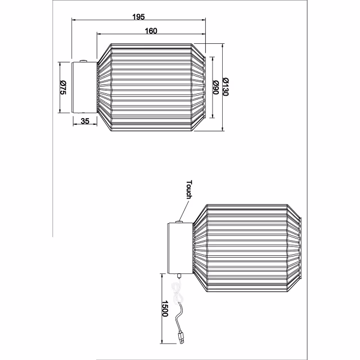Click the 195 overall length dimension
click(138, 16)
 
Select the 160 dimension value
click(150, 31)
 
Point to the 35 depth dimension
click(85, 121)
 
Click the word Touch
click(188, 190)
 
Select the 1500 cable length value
click(165, 308)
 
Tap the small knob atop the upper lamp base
click(83, 60)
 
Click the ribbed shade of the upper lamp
click(152, 87)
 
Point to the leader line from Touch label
click(184, 211)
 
